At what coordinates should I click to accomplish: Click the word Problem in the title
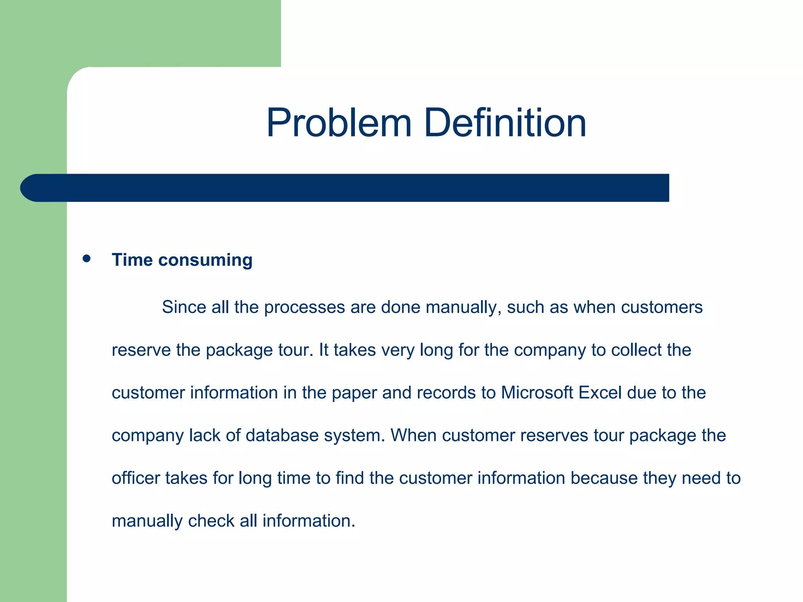(339, 123)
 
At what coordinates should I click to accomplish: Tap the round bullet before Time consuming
(87, 259)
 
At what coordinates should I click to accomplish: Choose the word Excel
(600, 393)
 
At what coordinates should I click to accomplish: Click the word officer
(136, 478)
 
